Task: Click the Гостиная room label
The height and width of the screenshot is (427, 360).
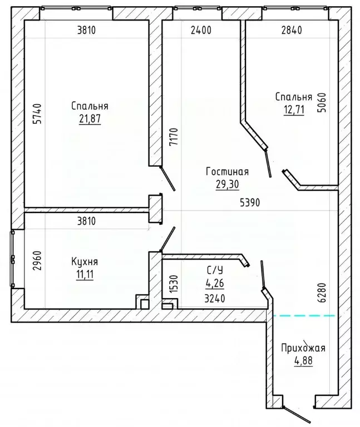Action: coord(227,172)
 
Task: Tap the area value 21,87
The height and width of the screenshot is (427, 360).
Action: coord(90,119)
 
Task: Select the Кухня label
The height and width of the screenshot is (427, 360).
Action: coord(85,261)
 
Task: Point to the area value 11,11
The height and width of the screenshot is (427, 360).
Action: coord(85,275)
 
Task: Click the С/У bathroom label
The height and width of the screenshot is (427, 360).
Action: coord(215,270)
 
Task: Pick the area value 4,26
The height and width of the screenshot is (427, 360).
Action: coord(215,283)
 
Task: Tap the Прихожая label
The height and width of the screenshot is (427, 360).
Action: coord(303,347)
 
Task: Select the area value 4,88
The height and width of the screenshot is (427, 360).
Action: coord(303,360)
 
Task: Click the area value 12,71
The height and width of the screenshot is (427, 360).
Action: coord(294,110)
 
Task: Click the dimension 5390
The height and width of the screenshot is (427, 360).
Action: coord(250,202)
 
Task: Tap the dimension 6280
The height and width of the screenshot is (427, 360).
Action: coord(322,293)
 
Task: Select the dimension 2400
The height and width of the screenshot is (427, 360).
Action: coord(201,30)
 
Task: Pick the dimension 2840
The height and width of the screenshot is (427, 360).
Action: coord(292,30)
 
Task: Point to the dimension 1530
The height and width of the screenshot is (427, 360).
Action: coord(174,284)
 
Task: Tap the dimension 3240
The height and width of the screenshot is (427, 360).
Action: coord(215,299)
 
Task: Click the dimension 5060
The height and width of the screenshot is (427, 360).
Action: coord(322,103)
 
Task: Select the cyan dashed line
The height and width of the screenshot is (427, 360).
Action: coord(304,316)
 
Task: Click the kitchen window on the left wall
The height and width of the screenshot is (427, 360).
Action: coord(13,259)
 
